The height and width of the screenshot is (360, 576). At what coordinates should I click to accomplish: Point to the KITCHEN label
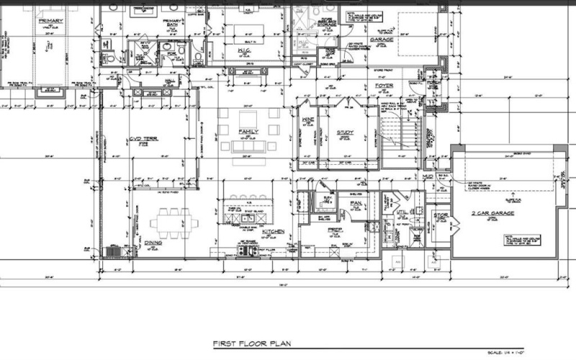pos(273,231)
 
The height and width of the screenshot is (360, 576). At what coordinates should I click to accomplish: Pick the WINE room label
pos(308,121)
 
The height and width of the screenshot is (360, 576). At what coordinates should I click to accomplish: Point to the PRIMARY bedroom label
pos(47,22)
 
